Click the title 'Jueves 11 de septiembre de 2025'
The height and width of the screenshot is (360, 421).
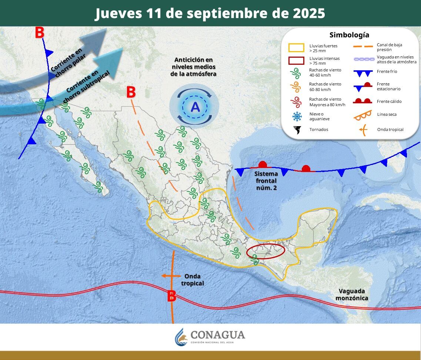pyautogui.click(x=210, y=13)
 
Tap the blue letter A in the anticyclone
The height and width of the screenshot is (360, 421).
pyautogui.click(x=195, y=107)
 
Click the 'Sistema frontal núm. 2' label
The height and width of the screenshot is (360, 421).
pyautogui.click(x=266, y=181)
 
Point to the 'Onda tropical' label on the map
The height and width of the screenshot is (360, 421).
pyautogui.click(x=193, y=280)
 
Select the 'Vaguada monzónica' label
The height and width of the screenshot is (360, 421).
pyautogui.click(x=352, y=295)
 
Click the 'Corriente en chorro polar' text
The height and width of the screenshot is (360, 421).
pyautogui.click(x=69, y=63)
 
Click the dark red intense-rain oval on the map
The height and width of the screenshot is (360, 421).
pyautogui.click(x=265, y=251)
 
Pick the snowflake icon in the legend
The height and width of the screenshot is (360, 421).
pyautogui.click(x=297, y=117)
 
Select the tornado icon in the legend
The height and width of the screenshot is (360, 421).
pyautogui.click(x=297, y=130)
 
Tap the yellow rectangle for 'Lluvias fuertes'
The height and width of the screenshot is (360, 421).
pyautogui.click(x=296, y=48)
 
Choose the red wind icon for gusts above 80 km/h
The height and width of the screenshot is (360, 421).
pyautogui.click(x=297, y=101)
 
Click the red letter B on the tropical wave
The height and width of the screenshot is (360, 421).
pyautogui.click(x=171, y=296)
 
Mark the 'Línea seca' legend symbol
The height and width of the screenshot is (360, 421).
pyautogui.click(x=362, y=115)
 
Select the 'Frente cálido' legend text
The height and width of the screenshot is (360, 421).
pyautogui.click(x=389, y=101)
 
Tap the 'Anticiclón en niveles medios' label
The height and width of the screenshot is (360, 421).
pyautogui.click(x=193, y=67)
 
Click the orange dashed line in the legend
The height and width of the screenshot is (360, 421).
pyautogui.click(x=362, y=47)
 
